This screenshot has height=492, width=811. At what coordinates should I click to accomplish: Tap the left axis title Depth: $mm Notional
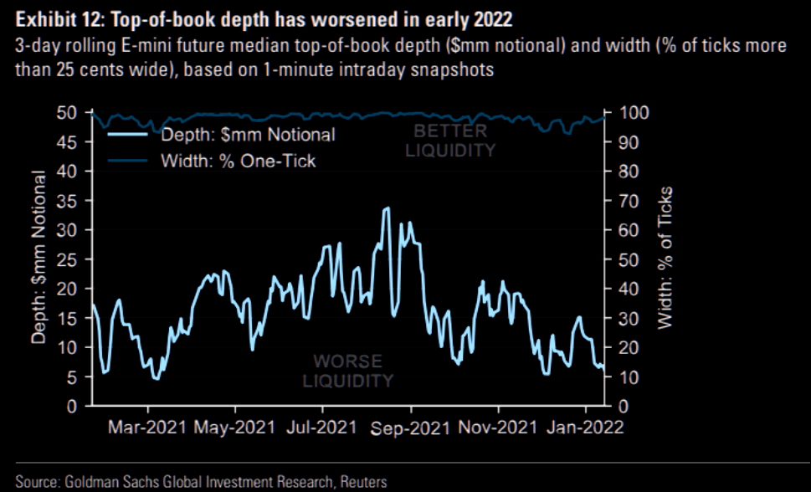[x=38, y=256]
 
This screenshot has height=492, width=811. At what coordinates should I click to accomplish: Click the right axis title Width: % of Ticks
[x=665, y=256]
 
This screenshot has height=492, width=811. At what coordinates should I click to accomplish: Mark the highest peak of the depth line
[x=386, y=208]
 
